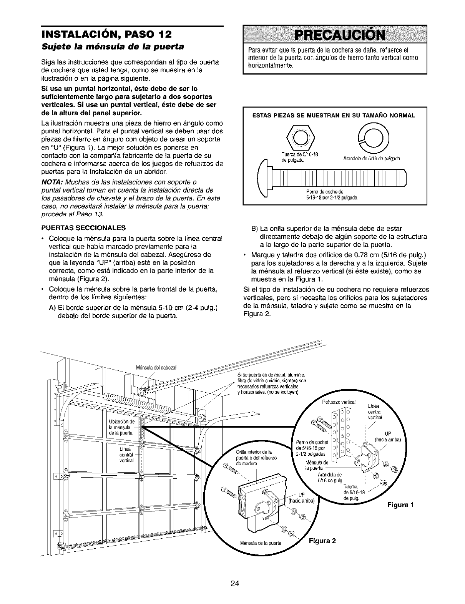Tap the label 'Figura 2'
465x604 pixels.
322,541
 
